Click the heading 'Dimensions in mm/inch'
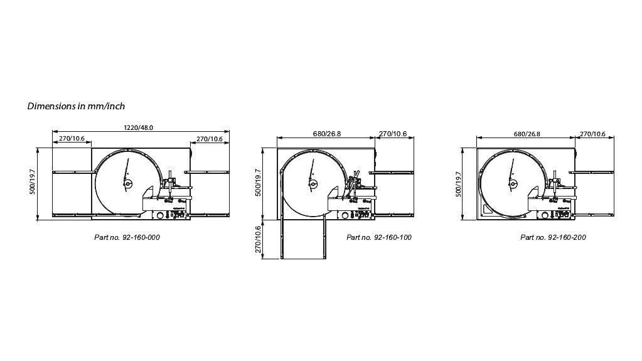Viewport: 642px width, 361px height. tap(76, 106)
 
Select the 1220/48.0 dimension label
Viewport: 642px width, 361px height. tap(139, 127)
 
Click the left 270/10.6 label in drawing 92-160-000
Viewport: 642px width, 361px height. tap(72, 139)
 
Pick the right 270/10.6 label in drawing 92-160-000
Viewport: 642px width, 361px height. tap(210, 139)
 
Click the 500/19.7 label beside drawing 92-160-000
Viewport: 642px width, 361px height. tap(33, 182)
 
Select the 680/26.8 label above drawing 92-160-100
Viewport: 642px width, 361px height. tap(327, 134)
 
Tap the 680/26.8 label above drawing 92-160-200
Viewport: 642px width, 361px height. tap(527, 134)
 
